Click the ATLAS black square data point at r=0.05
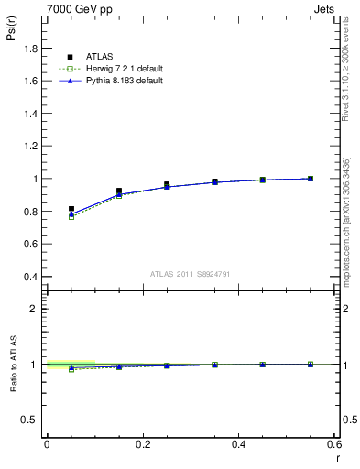pyautogui.click(x=71, y=209)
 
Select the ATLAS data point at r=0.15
pyautogui.click(x=119, y=191)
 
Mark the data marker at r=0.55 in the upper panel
pyautogui.click(x=311, y=179)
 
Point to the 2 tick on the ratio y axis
pyautogui.click(x=35, y=309)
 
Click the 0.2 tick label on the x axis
pyautogui.click(x=142, y=444)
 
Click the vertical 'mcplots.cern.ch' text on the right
pyautogui.click(x=347, y=229)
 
